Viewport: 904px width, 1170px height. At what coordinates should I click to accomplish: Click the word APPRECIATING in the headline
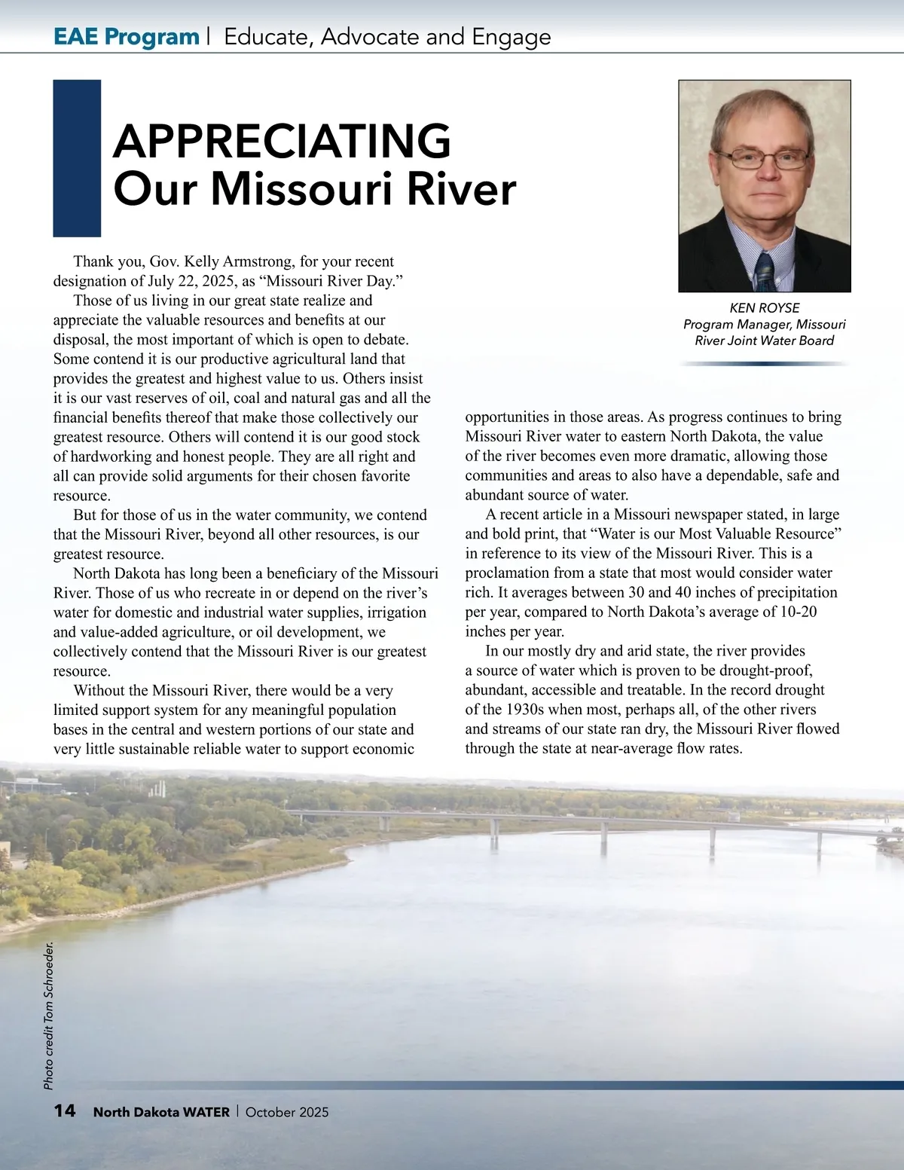(282, 141)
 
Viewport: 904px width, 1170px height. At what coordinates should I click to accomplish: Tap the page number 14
(65, 1111)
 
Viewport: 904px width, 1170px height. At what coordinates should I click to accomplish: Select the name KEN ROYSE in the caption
(765, 308)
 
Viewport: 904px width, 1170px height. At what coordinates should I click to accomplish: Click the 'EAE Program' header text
(126, 36)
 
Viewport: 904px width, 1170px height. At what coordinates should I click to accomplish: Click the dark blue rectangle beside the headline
(77, 158)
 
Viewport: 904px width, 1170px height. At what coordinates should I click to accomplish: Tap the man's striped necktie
(765, 272)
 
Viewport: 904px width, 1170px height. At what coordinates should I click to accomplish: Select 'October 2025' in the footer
(287, 1112)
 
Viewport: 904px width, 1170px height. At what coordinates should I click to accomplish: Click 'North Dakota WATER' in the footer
(161, 1112)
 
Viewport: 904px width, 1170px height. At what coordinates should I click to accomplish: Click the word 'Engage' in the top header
(512, 36)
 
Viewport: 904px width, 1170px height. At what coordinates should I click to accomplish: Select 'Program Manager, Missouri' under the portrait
(764, 325)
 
